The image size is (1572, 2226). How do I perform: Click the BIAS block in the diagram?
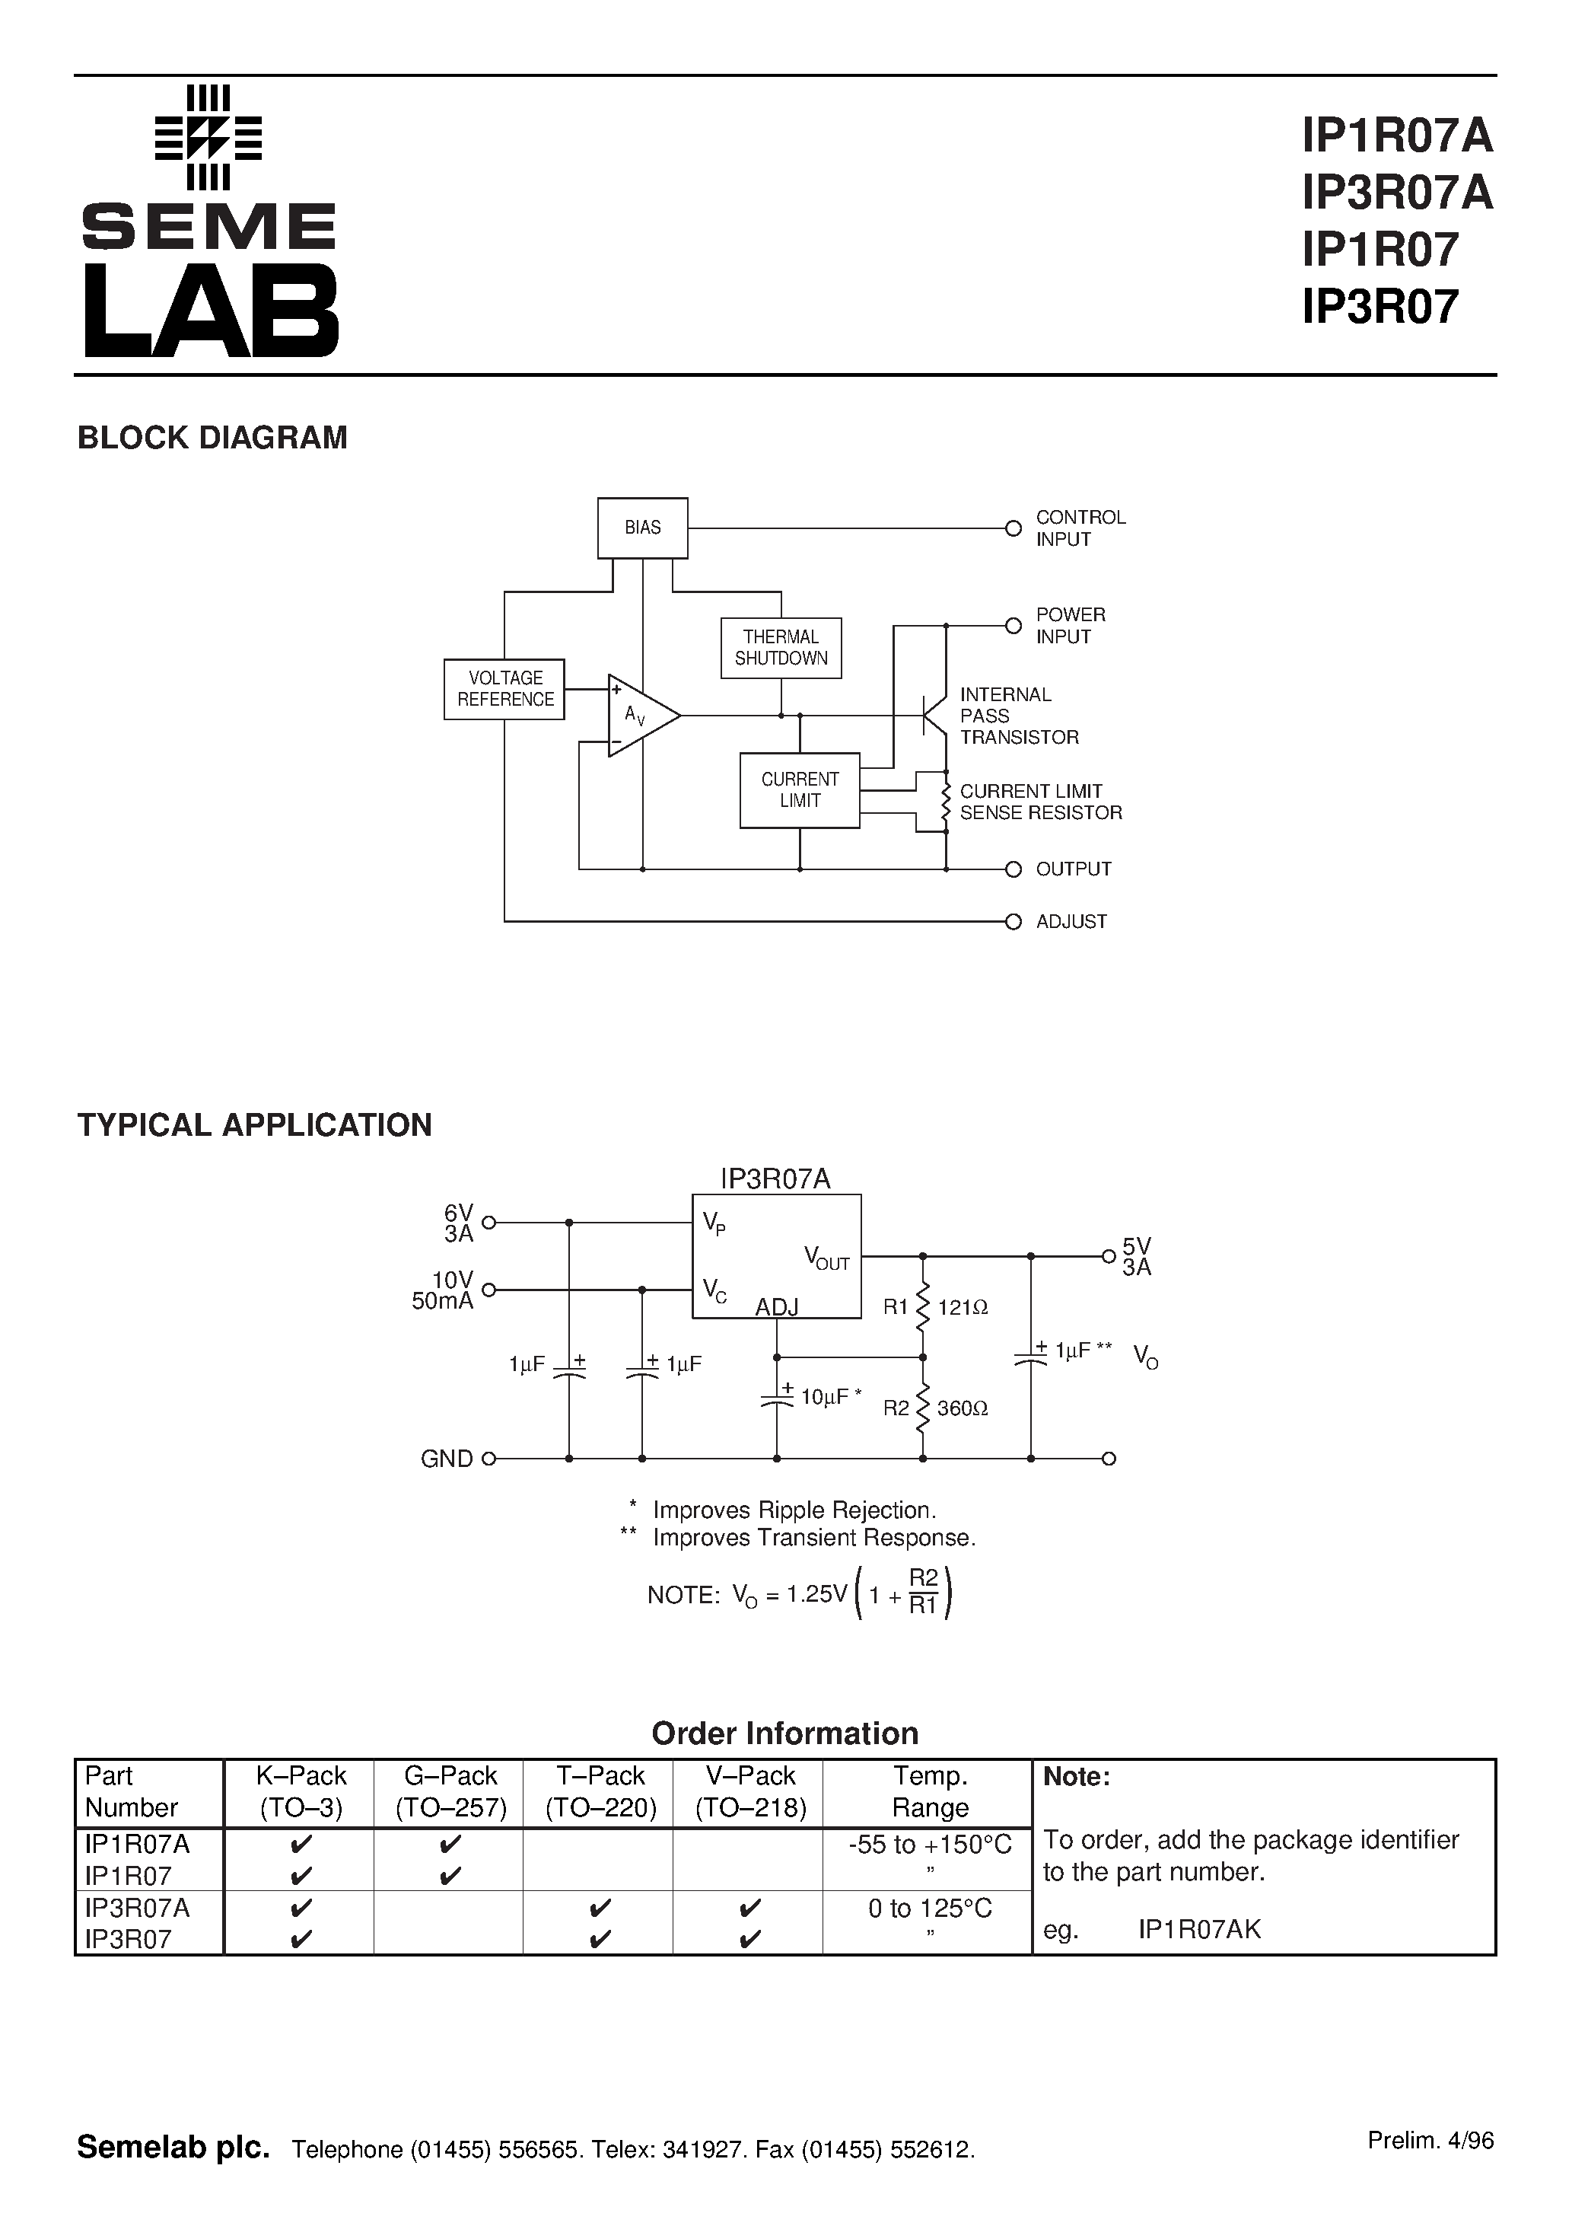click(x=641, y=528)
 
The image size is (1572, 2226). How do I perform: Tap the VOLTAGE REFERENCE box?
click(x=504, y=688)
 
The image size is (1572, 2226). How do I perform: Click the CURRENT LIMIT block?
click(x=799, y=790)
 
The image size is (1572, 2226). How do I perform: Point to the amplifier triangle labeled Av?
click(x=640, y=716)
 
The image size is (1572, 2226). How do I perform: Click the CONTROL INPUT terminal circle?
click(x=1013, y=528)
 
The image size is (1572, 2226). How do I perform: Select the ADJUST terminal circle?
click(x=1013, y=921)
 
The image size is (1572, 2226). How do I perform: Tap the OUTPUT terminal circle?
click(x=1013, y=869)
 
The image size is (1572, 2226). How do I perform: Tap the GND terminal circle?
click(x=488, y=1458)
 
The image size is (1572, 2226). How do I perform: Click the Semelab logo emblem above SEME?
click(x=208, y=137)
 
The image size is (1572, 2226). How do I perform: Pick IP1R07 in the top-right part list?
click(x=1379, y=249)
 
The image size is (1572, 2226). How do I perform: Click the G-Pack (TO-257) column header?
click(x=450, y=1791)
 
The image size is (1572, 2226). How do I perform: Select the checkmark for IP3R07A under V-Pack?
click(x=749, y=1908)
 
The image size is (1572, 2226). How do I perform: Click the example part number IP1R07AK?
click(x=1199, y=1929)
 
